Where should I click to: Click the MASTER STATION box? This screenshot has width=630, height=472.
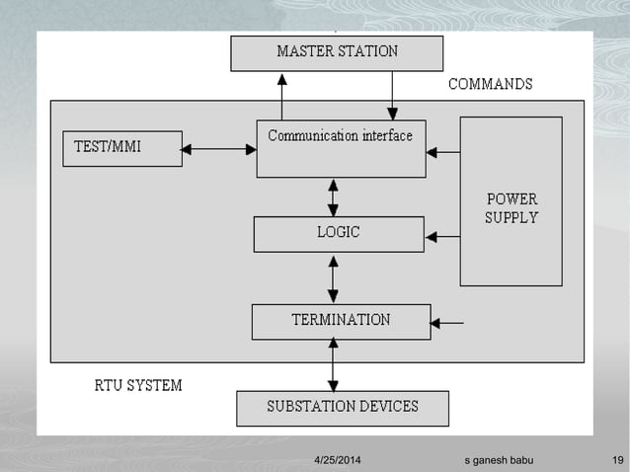click(337, 52)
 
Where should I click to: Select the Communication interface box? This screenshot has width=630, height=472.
click(341, 148)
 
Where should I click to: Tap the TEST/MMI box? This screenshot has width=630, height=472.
click(121, 149)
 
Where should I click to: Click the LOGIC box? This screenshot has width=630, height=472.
click(339, 234)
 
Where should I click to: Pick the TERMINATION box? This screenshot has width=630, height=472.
click(341, 321)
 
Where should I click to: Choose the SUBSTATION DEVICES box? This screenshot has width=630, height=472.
click(343, 407)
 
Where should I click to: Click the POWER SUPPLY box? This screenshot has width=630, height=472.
click(511, 201)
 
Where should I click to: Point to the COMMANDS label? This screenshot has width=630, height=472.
click(490, 85)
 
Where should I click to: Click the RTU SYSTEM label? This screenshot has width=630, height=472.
click(131, 385)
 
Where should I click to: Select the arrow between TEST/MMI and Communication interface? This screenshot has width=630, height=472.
click(219, 150)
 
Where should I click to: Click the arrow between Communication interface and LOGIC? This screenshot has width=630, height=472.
click(333, 197)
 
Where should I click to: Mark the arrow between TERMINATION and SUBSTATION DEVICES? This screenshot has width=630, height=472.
click(333, 364)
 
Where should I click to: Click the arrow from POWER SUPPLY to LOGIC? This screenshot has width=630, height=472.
click(442, 237)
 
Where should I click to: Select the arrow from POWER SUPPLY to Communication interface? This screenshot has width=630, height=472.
click(442, 153)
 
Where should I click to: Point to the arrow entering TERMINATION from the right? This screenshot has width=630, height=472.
click(447, 322)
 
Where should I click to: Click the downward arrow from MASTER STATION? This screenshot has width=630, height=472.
click(392, 96)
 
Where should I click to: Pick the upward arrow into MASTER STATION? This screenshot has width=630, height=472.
click(281, 96)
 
